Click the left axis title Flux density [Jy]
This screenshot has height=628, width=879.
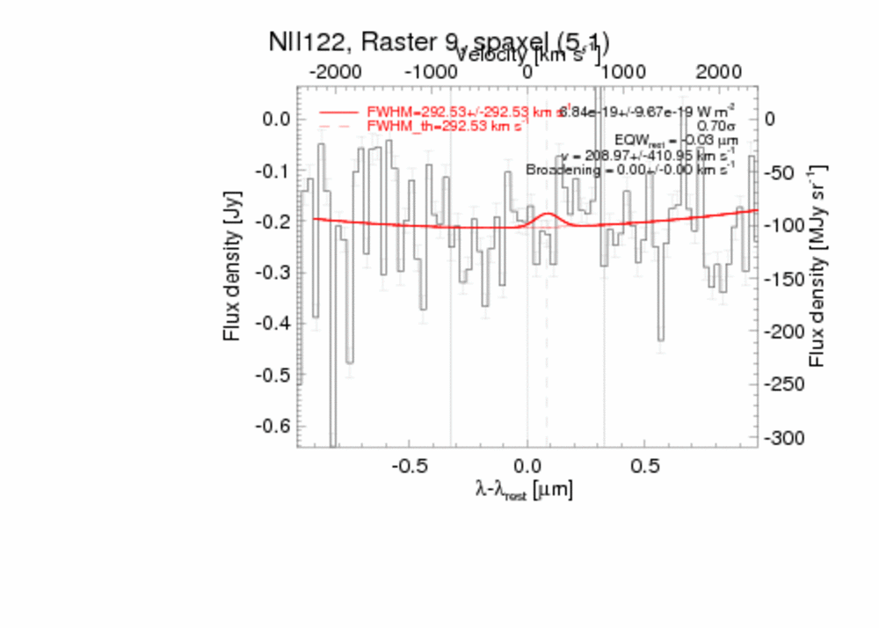coord(232,265)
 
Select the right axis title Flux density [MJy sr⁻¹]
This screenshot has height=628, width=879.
coord(819,265)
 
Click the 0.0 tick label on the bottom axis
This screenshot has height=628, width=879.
coord(527,464)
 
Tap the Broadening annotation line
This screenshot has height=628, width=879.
coord(630,170)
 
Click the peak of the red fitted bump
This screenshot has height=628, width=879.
coord(548,214)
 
